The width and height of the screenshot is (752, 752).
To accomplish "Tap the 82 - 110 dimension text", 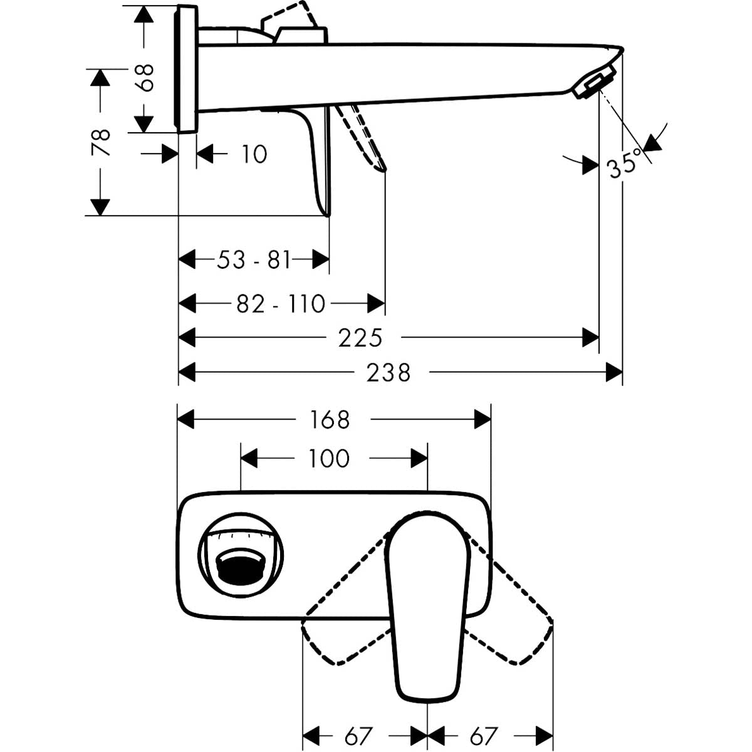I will click(x=281, y=305).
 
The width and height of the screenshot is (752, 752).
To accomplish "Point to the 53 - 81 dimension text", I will click(x=254, y=259).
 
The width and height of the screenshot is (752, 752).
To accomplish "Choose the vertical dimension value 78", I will click(x=100, y=142).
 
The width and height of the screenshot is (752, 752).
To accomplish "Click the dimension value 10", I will click(x=254, y=154).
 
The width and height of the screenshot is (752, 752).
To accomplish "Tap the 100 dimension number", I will click(x=329, y=459).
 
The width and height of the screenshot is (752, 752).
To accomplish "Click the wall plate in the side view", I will click(x=187, y=69).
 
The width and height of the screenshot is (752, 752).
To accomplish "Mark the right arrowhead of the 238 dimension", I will click(x=614, y=373).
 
